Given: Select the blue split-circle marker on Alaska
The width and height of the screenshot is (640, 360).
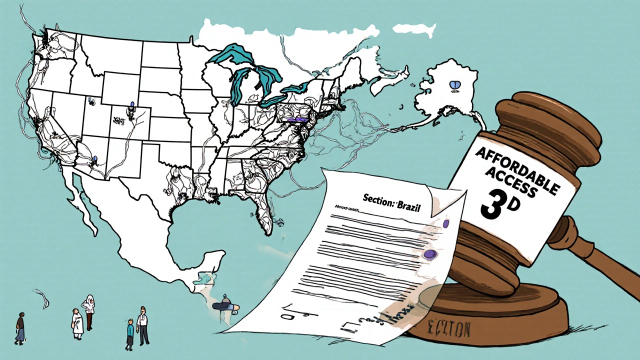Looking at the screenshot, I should [455, 85].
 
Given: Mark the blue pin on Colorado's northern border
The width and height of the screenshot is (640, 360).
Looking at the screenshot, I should [132, 105].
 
